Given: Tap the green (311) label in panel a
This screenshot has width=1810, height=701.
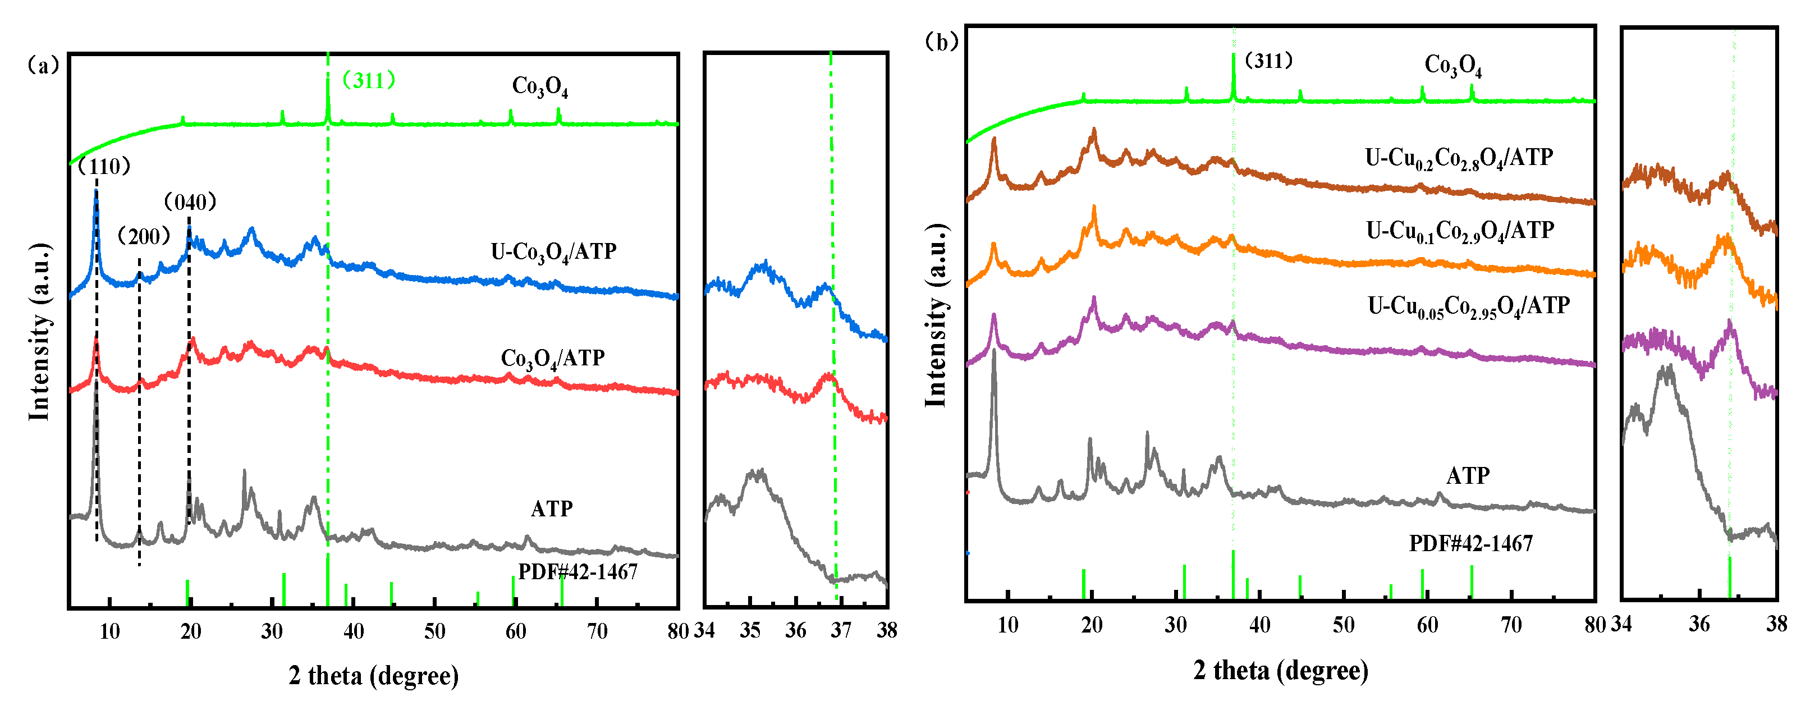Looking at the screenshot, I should click(x=368, y=80).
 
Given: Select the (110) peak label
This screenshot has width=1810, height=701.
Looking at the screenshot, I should click(x=104, y=167).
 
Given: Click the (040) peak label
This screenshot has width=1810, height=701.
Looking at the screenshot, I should click(x=190, y=202).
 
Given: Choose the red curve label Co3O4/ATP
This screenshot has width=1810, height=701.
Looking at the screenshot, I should click(x=552, y=359).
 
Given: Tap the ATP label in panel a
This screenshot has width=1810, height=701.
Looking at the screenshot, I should click(x=552, y=508).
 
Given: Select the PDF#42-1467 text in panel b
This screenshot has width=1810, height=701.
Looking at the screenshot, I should click(x=1470, y=543).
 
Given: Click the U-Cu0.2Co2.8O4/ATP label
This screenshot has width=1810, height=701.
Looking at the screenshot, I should click(x=1459, y=158).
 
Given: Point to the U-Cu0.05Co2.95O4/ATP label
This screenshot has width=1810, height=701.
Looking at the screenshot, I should click(x=1469, y=306).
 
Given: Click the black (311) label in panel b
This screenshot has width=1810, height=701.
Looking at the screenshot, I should click(x=1268, y=61).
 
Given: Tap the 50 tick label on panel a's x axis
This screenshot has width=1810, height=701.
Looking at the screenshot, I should click(x=434, y=631).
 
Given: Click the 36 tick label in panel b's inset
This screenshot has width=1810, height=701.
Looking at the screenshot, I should click(x=1699, y=624).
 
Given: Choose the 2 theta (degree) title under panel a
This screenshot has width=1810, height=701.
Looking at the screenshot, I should click(x=373, y=676).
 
